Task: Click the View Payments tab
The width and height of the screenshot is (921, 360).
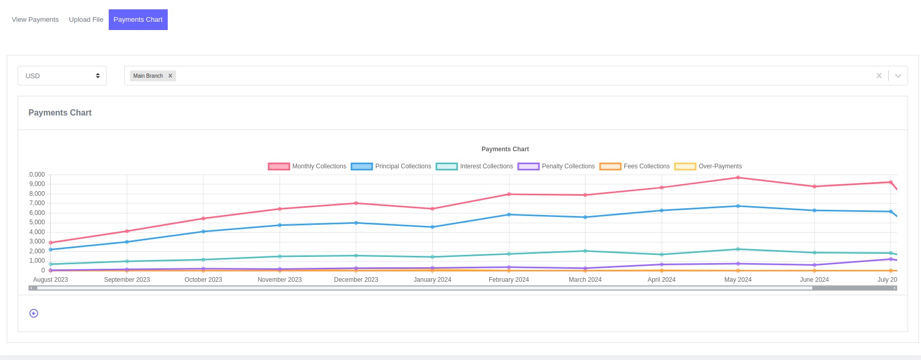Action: tap(35, 20)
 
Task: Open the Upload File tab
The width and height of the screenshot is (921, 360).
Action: tap(86, 20)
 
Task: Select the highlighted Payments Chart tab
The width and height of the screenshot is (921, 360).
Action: tap(138, 20)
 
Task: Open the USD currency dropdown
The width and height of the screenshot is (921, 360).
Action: tap(62, 76)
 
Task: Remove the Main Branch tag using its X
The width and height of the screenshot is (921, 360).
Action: tap(170, 76)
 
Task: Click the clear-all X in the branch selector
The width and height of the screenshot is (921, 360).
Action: tap(879, 76)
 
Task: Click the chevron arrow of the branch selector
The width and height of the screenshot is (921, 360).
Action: tap(898, 76)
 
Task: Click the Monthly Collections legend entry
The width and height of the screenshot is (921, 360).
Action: tap(308, 166)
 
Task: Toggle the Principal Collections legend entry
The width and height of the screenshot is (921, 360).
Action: tap(391, 166)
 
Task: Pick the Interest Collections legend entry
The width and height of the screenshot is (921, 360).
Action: tap(475, 166)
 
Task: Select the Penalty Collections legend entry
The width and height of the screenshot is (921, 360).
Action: tap(557, 166)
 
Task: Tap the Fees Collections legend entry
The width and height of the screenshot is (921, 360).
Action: tap(635, 166)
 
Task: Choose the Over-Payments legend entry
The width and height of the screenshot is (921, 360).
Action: tap(708, 166)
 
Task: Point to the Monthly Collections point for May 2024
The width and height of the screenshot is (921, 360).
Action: tap(738, 178)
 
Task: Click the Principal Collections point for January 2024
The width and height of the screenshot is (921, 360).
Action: tap(432, 227)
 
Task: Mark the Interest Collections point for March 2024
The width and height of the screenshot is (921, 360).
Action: tap(585, 251)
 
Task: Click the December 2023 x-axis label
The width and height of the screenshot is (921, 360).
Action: tap(356, 280)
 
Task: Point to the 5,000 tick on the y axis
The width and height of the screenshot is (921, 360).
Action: tap(37, 222)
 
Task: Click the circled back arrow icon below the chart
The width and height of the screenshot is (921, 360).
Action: tap(34, 313)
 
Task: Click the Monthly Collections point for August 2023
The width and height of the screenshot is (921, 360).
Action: tap(51, 242)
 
